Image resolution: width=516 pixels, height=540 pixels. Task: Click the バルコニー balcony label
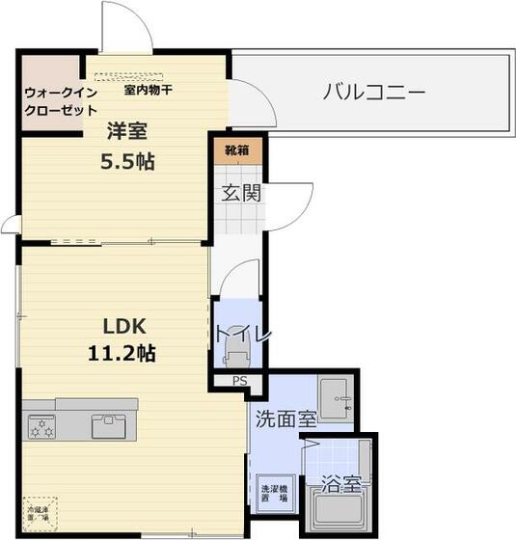[x=373, y=94]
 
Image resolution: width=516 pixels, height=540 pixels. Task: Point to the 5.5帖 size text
[x=127, y=161]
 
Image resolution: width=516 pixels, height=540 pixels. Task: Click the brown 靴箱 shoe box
[x=236, y=150]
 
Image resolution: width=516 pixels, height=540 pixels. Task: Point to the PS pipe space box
[x=239, y=381]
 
